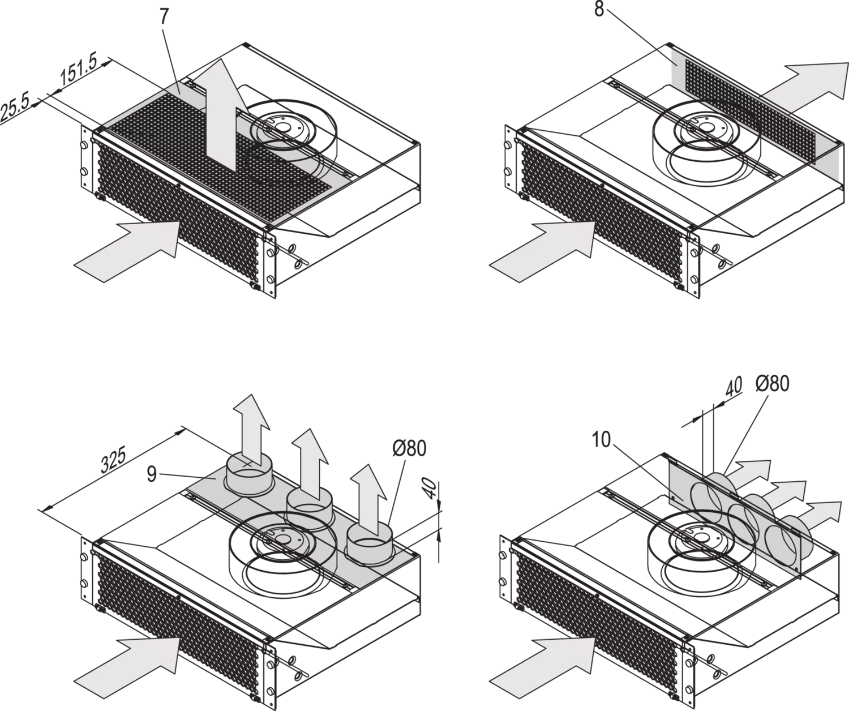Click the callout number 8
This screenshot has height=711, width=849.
point(599,9)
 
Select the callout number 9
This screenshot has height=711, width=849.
point(152,473)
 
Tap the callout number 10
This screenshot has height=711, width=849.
point(601,440)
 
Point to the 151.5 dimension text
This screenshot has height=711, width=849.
point(79,70)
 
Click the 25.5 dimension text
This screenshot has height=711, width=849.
point(15,107)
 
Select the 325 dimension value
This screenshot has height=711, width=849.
point(113,459)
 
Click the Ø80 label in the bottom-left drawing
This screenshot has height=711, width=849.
point(409,448)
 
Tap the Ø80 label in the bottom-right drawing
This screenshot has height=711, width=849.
point(773,384)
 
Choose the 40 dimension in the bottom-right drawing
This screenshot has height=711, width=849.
point(734,387)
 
